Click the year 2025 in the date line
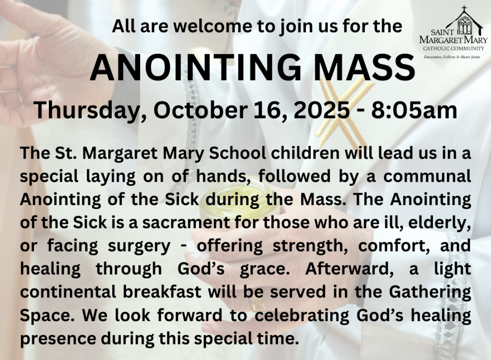point(322,110)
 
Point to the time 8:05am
point(414,110)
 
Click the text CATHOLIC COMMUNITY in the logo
point(454,48)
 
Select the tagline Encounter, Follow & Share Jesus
point(452,58)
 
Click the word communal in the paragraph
point(427,176)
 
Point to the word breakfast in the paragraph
point(162,292)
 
